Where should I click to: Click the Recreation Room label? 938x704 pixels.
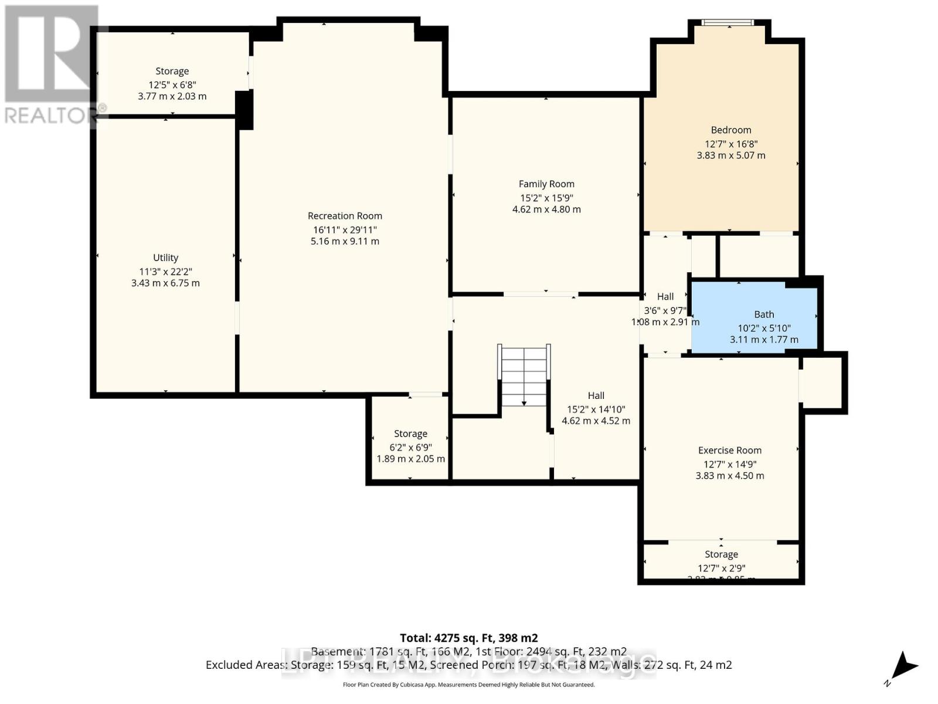tap(345, 216)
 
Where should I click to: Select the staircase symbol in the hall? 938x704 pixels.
tap(524, 375)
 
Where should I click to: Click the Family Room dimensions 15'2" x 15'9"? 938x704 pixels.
tap(546, 198)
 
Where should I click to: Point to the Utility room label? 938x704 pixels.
tap(165, 258)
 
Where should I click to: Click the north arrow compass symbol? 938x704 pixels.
tap(903, 668)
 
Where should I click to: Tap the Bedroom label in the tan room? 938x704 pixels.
tap(730, 130)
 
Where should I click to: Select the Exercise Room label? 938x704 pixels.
tap(729, 451)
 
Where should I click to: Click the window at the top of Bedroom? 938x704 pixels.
tap(728, 23)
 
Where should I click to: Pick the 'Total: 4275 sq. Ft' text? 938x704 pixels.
tap(468, 638)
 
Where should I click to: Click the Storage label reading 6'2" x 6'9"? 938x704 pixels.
tap(410, 434)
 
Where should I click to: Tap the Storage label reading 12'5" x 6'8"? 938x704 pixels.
tap(172, 72)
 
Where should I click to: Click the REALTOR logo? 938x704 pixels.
tap(52, 65)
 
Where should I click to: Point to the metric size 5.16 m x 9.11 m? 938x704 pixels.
tap(345, 241)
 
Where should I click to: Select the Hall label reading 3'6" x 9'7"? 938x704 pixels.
tap(665, 297)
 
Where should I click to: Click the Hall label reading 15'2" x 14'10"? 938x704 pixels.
tap(596, 396)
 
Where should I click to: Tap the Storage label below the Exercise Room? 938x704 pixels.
tap(721, 554)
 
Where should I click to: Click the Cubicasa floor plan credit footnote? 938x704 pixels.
tap(468, 685)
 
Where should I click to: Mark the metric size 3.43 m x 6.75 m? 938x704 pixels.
tap(165, 283)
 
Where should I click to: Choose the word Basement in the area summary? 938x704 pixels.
tap(337, 651)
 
